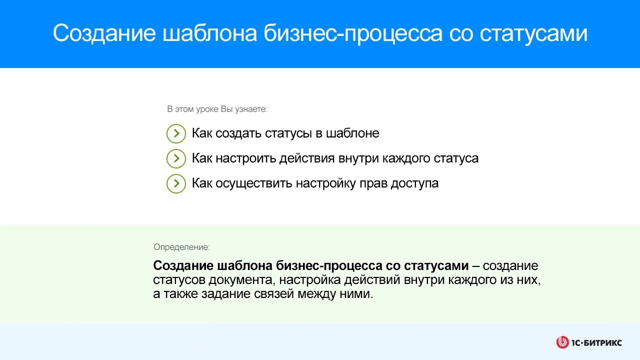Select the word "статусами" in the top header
coord(533,33)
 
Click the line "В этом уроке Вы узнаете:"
coord(217,109)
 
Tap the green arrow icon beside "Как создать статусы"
coord(176,133)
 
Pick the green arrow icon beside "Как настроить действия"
coord(176,158)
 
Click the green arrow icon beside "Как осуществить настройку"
coord(176,183)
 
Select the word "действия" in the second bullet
coord(307,158)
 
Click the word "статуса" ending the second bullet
coord(456,158)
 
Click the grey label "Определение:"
coord(181,247)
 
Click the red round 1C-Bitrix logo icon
coord(562,342)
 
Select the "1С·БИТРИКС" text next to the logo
coord(597,342)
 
